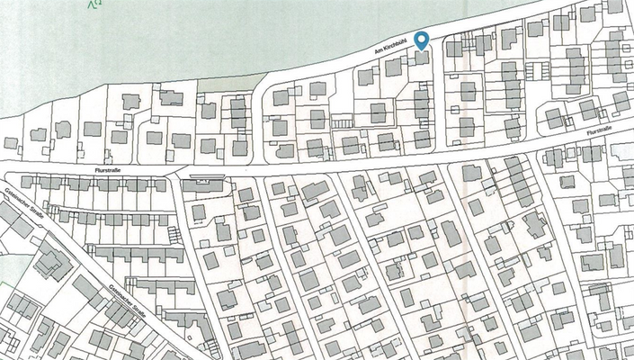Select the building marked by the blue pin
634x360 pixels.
pyautogui.click(x=421, y=58)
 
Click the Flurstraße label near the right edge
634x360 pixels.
pyautogui.click(x=598, y=130)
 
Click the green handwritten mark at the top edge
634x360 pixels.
pyautogui.click(x=94, y=4)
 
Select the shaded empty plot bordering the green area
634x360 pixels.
pyautogui.click(x=220, y=83)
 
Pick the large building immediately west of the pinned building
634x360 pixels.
pyautogui.click(x=393, y=67)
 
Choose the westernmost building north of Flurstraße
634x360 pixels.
pyautogui.click(x=11, y=143)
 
